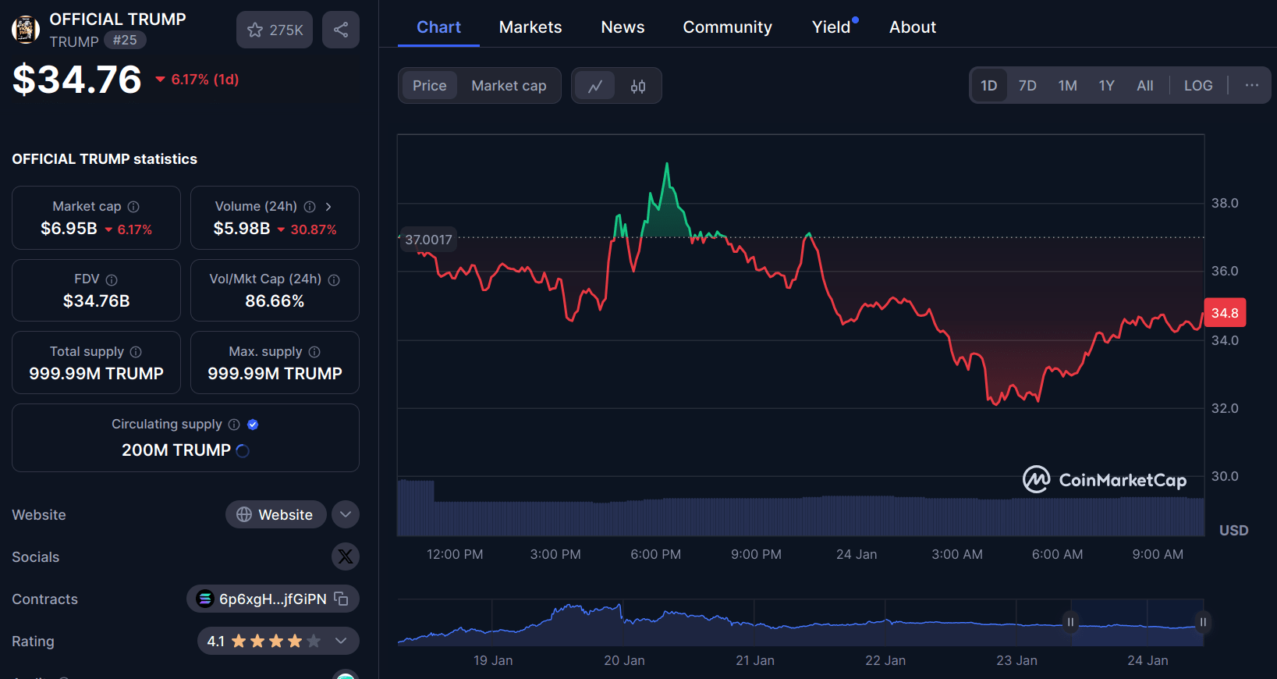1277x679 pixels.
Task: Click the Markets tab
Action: [x=530, y=27]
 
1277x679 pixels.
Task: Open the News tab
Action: [x=623, y=27]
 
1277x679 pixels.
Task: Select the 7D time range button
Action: [x=1027, y=86]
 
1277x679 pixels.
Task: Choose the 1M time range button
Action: [x=1067, y=86]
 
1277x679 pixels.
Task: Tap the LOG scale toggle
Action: [x=1197, y=86]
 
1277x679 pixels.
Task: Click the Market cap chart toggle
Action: [x=509, y=86]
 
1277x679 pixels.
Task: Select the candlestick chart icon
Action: [x=637, y=86]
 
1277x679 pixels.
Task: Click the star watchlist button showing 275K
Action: [x=275, y=30]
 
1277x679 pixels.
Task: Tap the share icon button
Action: [x=341, y=30]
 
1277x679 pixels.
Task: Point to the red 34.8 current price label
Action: [x=1224, y=313]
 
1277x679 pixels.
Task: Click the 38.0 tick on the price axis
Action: [x=1224, y=203]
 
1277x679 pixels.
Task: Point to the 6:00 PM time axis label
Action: [x=655, y=554]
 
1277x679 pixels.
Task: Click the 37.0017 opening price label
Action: [x=428, y=240]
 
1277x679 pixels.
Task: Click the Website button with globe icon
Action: [x=275, y=514]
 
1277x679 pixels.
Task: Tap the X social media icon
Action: [x=345, y=556]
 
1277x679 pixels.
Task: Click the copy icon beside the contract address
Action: [x=341, y=599]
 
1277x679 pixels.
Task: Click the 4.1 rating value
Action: [x=216, y=641]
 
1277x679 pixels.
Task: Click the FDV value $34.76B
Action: [x=96, y=300]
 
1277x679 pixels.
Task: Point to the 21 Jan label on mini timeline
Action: [x=754, y=660]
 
